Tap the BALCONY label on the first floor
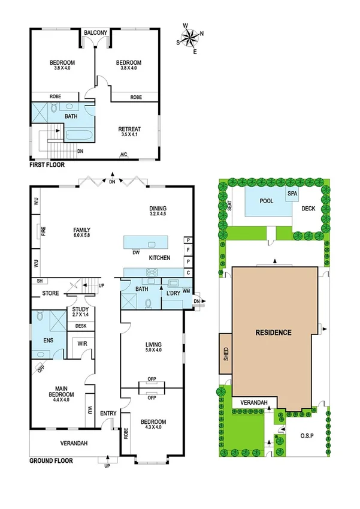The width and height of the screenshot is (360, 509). click(95, 33)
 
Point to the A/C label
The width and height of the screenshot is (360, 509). click(124, 155)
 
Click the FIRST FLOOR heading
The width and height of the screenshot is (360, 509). click(47, 164)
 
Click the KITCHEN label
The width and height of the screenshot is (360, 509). click(160, 258)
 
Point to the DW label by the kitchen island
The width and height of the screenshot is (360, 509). click(137, 252)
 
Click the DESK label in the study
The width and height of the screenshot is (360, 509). click(80, 326)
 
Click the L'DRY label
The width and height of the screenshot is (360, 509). click(174, 293)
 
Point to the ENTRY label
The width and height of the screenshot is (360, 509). click(108, 413)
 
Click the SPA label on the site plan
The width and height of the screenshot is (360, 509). click(292, 194)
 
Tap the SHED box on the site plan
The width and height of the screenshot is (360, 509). click(225, 353)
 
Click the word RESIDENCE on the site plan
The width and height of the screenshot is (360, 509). click(273, 332)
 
